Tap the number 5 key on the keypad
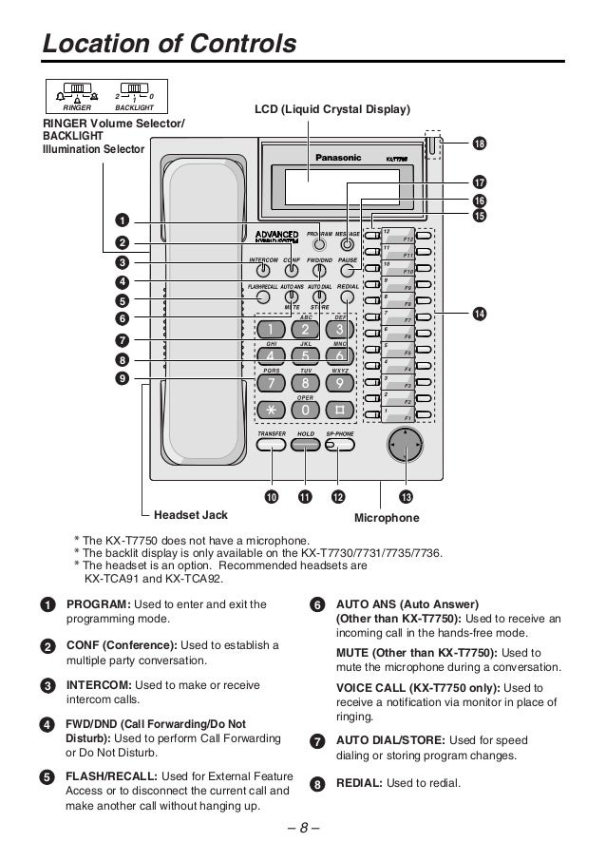(305, 355)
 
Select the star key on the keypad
(270, 410)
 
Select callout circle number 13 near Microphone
(407, 497)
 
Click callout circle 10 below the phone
(272, 497)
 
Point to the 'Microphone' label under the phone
(387, 518)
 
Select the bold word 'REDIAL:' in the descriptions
(360, 783)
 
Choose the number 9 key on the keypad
(339, 383)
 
